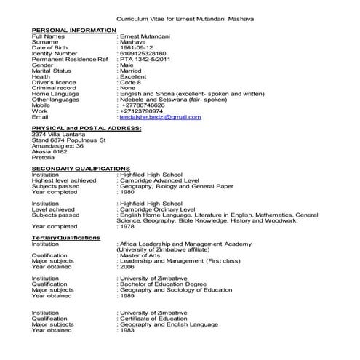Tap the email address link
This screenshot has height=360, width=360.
[160, 116]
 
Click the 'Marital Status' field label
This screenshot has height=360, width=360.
[52, 71]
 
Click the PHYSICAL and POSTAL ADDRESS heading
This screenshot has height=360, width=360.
[87, 128]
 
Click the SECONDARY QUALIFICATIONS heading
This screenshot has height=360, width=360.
[81, 168]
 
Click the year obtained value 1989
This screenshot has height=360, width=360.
[128, 296]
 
